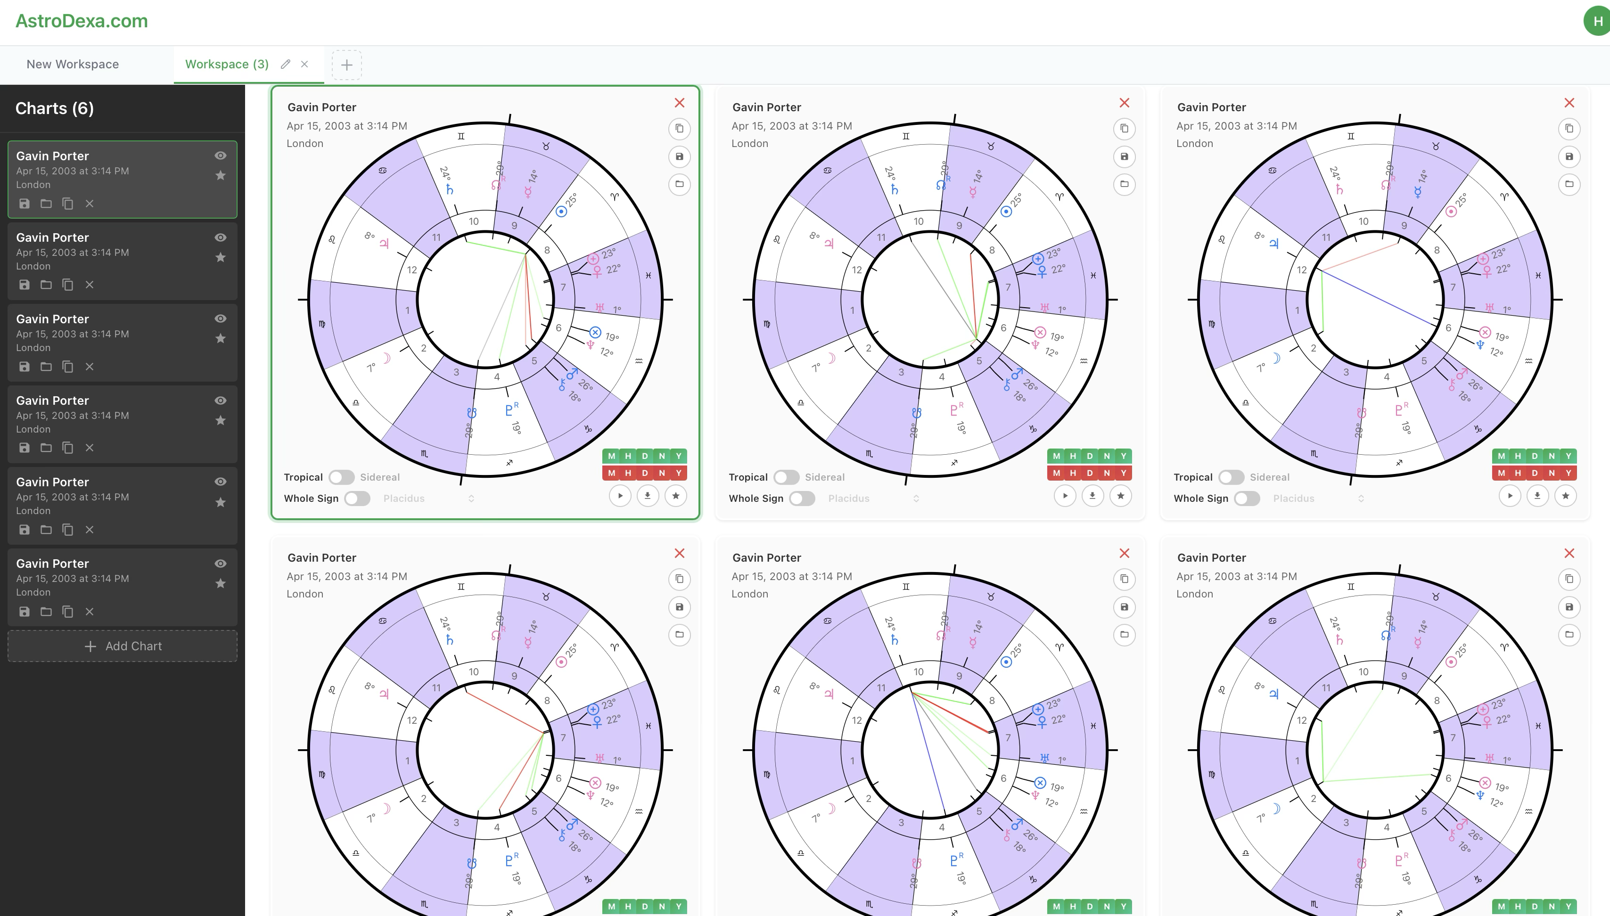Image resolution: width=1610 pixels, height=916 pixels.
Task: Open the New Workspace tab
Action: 73,64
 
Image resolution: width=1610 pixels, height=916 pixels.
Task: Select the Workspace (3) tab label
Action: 227,64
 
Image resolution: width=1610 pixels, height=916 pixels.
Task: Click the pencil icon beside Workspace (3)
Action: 286,64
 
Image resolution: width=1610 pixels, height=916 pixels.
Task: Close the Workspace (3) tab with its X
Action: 304,64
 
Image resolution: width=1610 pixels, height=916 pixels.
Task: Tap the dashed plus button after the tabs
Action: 347,65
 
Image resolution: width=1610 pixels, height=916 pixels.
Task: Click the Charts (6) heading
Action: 55,108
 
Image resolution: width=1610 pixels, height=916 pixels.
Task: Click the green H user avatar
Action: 1597,21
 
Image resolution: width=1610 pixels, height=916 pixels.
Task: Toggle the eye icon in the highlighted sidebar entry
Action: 220,155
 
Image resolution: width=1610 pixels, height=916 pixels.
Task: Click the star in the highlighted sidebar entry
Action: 220,176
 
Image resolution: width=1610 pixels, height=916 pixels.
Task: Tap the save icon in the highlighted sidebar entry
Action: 25,203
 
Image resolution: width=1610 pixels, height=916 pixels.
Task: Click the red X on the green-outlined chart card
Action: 680,103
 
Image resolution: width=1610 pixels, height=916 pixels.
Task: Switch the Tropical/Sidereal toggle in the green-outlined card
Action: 342,477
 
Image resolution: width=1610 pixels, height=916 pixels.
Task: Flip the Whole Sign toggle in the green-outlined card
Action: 357,498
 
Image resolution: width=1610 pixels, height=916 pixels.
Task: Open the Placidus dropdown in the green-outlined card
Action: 428,498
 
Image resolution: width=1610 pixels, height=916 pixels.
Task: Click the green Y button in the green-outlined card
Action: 678,456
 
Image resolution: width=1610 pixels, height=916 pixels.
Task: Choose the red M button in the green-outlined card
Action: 612,473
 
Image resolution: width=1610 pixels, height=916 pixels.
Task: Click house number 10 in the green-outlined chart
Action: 474,221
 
